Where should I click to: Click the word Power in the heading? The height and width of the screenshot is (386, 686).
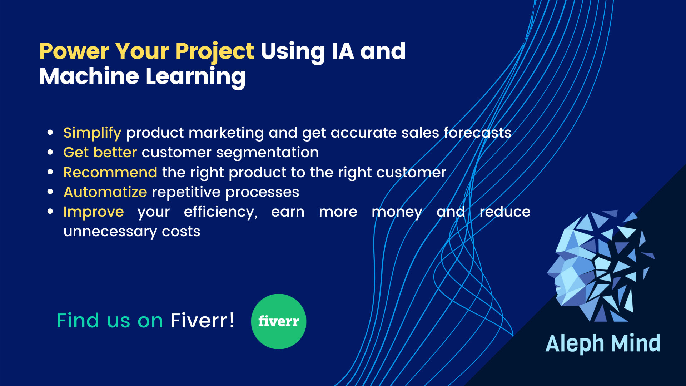[x=74, y=51]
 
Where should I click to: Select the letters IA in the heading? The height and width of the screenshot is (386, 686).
[x=343, y=51]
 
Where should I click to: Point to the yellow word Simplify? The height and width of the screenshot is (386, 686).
[x=92, y=133]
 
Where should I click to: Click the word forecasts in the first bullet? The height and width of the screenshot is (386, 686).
[x=477, y=133]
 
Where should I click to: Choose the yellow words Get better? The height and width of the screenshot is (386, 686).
[x=100, y=153]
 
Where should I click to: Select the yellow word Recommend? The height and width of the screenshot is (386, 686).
[x=110, y=172]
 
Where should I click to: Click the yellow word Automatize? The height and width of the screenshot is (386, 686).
[x=105, y=192]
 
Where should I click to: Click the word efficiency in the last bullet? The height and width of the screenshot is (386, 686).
[x=220, y=212]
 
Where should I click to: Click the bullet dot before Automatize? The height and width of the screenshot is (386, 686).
[x=50, y=192]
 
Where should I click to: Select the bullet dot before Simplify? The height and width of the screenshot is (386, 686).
[x=50, y=133]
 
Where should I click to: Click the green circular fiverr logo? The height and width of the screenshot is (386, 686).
[x=279, y=321]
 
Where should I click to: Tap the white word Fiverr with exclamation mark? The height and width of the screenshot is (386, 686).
[x=203, y=320]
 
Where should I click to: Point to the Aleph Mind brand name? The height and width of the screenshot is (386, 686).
[x=603, y=343]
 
